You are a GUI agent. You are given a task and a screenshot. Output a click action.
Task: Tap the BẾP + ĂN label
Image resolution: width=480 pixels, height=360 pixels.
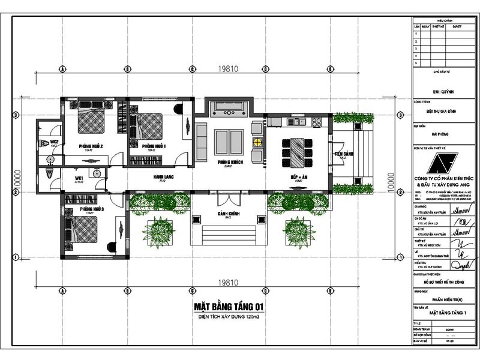coord(298,178)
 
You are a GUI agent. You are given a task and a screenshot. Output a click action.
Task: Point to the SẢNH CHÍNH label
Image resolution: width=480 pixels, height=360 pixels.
coord(228,215)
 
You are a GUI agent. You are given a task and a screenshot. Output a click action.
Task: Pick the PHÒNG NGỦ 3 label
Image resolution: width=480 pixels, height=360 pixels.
coord(92,209)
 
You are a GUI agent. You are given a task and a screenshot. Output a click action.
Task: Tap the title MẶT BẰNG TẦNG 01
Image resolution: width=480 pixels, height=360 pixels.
coord(229,307)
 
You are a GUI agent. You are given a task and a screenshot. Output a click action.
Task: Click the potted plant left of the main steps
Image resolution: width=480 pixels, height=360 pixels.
coord(160,231)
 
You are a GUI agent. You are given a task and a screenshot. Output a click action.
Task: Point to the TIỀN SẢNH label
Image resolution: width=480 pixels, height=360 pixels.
coord(344,154)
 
